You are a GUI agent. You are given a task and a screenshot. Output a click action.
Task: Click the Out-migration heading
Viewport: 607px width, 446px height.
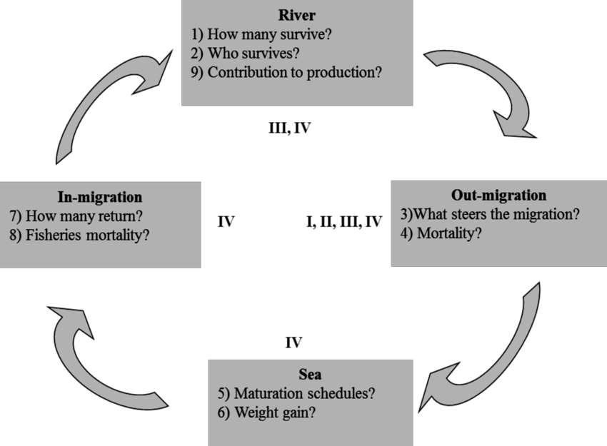498,195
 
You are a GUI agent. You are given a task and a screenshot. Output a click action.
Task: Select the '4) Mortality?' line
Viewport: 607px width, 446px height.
441,233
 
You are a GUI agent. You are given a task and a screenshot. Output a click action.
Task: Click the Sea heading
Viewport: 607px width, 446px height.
311,375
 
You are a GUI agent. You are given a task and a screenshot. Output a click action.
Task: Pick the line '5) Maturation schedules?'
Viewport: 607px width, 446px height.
296,394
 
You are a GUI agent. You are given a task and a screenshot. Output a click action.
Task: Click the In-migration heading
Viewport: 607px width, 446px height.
100,196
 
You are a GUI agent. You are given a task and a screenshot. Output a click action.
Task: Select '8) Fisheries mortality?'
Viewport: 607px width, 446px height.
87,235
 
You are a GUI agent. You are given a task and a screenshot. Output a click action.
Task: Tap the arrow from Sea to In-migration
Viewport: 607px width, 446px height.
107,357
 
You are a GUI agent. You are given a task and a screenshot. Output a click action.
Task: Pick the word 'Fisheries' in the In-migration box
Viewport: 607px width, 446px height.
54,235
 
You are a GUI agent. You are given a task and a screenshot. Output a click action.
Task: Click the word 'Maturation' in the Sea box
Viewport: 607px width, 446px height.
273,394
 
